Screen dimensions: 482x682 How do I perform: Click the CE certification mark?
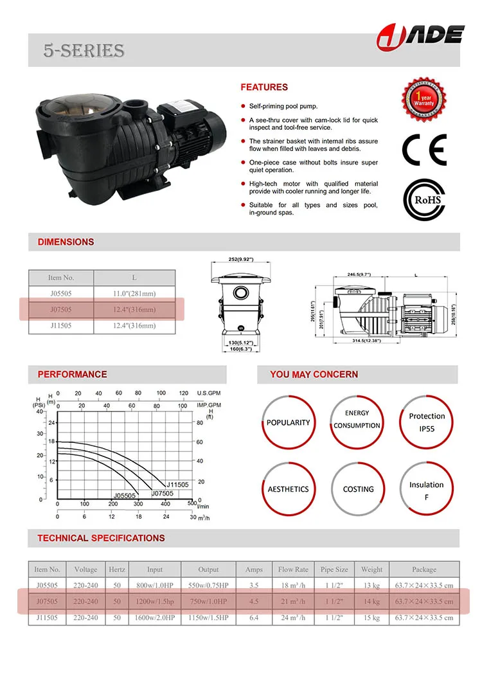coord(424,151)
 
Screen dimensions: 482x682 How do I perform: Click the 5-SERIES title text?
coord(84,51)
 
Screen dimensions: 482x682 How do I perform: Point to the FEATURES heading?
coord(264,87)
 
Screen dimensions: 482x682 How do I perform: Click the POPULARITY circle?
coord(289,422)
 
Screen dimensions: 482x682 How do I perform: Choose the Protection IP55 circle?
coord(426,422)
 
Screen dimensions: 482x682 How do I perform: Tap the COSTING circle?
coord(358,489)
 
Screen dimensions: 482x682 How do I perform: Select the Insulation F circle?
coord(426,489)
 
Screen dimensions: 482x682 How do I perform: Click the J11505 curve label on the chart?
coord(177,485)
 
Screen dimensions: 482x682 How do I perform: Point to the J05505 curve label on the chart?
coord(125,496)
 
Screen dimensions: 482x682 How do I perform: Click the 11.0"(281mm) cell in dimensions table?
coord(134,294)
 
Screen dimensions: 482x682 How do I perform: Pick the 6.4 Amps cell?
coord(254,618)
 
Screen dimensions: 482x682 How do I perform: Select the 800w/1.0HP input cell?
coord(155,586)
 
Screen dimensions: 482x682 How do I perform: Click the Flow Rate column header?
coord(293,570)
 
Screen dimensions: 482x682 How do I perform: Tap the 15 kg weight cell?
coord(371,618)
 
